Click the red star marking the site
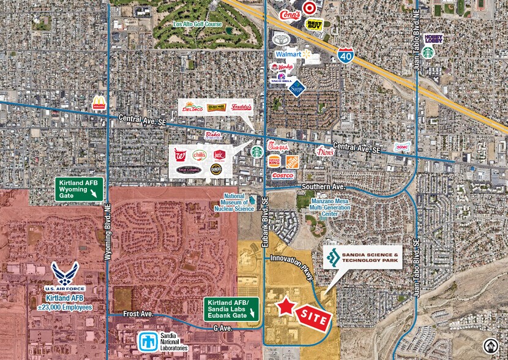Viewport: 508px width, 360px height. click(285, 307)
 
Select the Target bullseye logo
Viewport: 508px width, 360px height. click(308, 8)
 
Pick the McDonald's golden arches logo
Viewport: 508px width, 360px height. click(99, 103)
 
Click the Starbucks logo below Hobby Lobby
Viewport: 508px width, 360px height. click(428, 53)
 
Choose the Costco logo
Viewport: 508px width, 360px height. click(283, 176)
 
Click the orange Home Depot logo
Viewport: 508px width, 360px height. click(292, 162)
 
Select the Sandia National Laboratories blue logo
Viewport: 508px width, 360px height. click(148, 340)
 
